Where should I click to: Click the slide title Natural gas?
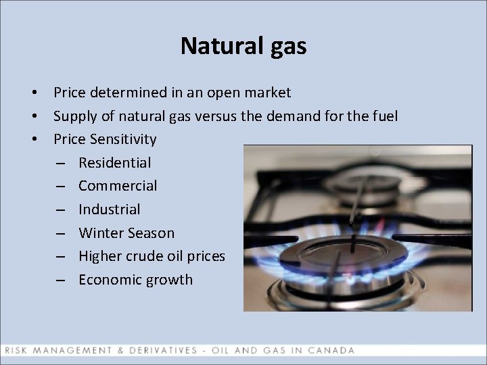coord(243,46)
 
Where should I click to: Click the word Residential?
coord(114,162)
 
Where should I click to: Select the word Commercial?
coord(118,186)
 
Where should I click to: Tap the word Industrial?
coord(110,210)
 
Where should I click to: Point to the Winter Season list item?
coord(126,233)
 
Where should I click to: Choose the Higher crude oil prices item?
coord(152,256)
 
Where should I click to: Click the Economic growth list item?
coord(135,280)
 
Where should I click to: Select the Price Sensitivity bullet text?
coord(105,139)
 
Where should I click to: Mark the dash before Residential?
coord(61,163)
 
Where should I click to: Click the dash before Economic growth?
coord(61,281)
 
